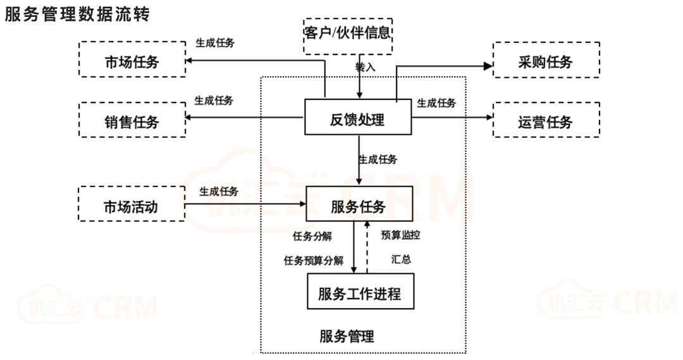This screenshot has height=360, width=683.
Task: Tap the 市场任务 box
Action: pos(132,62)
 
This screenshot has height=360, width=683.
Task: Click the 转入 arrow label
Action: pos(366,66)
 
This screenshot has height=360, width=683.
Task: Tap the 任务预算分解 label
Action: pos(314,260)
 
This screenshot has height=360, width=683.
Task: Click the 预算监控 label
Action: pos(401,235)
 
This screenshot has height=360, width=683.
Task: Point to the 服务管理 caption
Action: pos(347,335)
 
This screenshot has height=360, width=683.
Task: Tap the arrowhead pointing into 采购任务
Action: pos(488,65)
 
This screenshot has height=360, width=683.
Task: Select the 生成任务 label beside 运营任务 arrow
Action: pos(436,103)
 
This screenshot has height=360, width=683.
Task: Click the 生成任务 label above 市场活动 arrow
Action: pos(219,191)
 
